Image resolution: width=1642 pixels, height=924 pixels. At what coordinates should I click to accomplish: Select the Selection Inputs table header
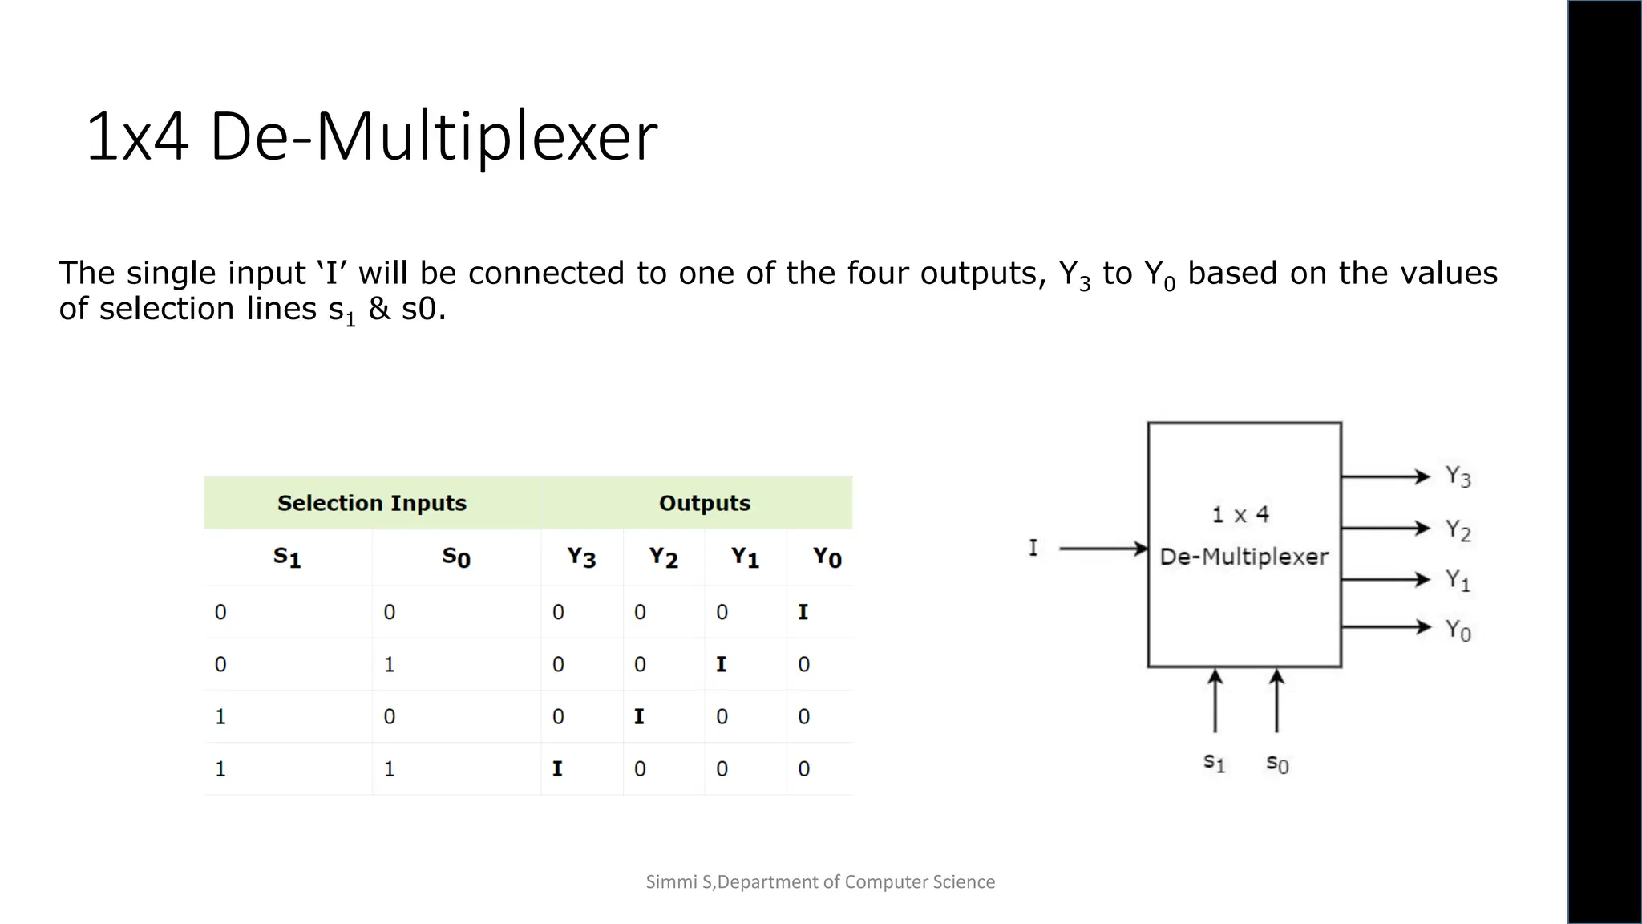pyautogui.click(x=372, y=503)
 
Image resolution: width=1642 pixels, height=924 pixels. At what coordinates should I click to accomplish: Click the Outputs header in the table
pyautogui.click(x=705, y=503)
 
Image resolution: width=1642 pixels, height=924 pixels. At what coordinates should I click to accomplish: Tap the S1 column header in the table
pyautogui.click(x=287, y=557)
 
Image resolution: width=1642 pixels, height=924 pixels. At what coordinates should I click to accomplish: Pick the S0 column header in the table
pyautogui.click(x=456, y=557)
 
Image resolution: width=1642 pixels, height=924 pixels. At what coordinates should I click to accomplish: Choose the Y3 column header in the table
pyautogui.click(x=581, y=557)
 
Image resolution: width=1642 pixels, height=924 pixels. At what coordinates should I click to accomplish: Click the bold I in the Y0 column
pyautogui.click(x=803, y=613)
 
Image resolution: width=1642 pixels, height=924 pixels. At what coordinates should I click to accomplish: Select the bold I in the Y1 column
pyautogui.click(x=721, y=665)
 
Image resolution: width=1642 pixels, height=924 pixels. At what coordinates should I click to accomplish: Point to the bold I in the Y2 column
pyautogui.click(x=639, y=717)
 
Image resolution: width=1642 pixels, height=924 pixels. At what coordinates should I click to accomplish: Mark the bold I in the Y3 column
pyautogui.click(x=557, y=769)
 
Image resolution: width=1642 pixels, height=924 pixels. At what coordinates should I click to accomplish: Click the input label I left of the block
pyautogui.click(x=1033, y=549)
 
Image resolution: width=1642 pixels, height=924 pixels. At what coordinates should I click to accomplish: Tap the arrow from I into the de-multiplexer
pyautogui.click(x=1103, y=549)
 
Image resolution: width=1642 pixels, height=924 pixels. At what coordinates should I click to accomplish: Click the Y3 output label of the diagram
pyautogui.click(x=1458, y=476)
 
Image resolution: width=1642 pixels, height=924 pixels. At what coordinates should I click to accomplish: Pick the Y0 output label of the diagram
pyautogui.click(x=1458, y=630)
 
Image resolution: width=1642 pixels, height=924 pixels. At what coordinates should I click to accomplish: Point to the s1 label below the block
pyautogui.click(x=1215, y=762)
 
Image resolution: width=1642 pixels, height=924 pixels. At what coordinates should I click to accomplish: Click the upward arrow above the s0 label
pyautogui.click(x=1277, y=701)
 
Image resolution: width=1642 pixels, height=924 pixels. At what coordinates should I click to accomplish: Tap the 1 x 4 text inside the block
pyautogui.click(x=1241, y=515)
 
